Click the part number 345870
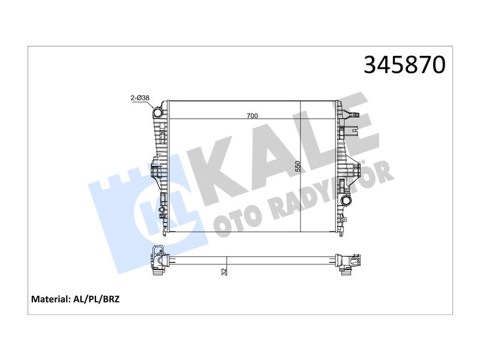pyautogui.click(x=404, y=65)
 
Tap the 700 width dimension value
pyautogui.click(x=252, y=116)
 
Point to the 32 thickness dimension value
pyautogui.click(x=224, y=272)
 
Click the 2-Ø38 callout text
pyautogui.click(x=140, y=98)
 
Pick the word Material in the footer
pyautogui.click(x=51, y=299)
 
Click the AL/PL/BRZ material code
pyautogui.click(x=97, y=299)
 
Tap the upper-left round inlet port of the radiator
pyautogui.click(x=158, y=113)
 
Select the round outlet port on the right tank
pyautogui.click(x=346, y=201)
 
